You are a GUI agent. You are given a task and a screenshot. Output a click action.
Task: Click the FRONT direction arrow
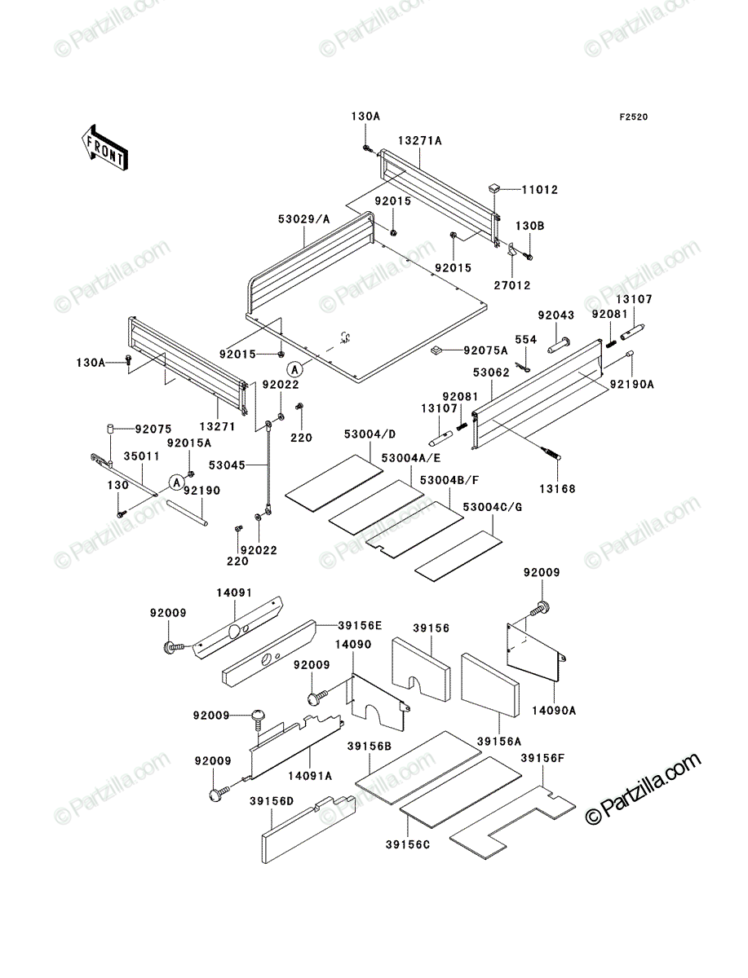(105, 148)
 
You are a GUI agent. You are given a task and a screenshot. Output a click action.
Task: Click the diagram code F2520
(634, 117)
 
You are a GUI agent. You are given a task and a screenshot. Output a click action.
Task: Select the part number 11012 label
(539, 190)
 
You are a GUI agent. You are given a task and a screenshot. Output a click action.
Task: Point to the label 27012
(512, 285)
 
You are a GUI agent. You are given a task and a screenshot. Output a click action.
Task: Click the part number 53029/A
(304, 219)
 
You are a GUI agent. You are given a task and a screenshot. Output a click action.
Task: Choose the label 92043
(555, 315)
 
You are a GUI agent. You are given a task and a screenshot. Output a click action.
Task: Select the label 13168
(557, 489)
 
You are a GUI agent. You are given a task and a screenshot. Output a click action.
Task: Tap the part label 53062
(491, 373)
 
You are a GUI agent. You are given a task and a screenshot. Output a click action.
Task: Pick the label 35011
(142, 456)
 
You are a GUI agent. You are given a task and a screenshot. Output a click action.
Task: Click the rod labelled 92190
(187, 513)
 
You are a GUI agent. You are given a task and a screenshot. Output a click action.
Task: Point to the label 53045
(227, 465)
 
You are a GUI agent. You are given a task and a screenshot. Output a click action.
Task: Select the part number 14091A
(310, 776)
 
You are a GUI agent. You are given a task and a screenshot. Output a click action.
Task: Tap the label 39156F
(542, 758)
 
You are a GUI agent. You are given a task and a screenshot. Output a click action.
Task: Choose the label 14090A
(554, 710)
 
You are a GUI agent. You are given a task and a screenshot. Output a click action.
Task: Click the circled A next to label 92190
(176, 482)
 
